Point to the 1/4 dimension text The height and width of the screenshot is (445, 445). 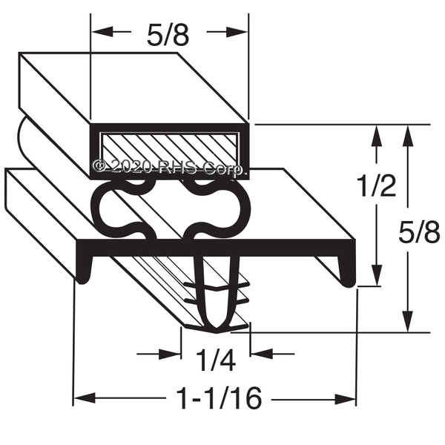pos(216,360)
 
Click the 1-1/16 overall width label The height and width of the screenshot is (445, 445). pos(219,398)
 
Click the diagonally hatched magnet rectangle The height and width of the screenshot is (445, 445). pos(171,150)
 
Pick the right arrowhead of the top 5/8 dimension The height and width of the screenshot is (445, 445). pos(237,32)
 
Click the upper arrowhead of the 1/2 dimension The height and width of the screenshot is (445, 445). pos(377,136)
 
